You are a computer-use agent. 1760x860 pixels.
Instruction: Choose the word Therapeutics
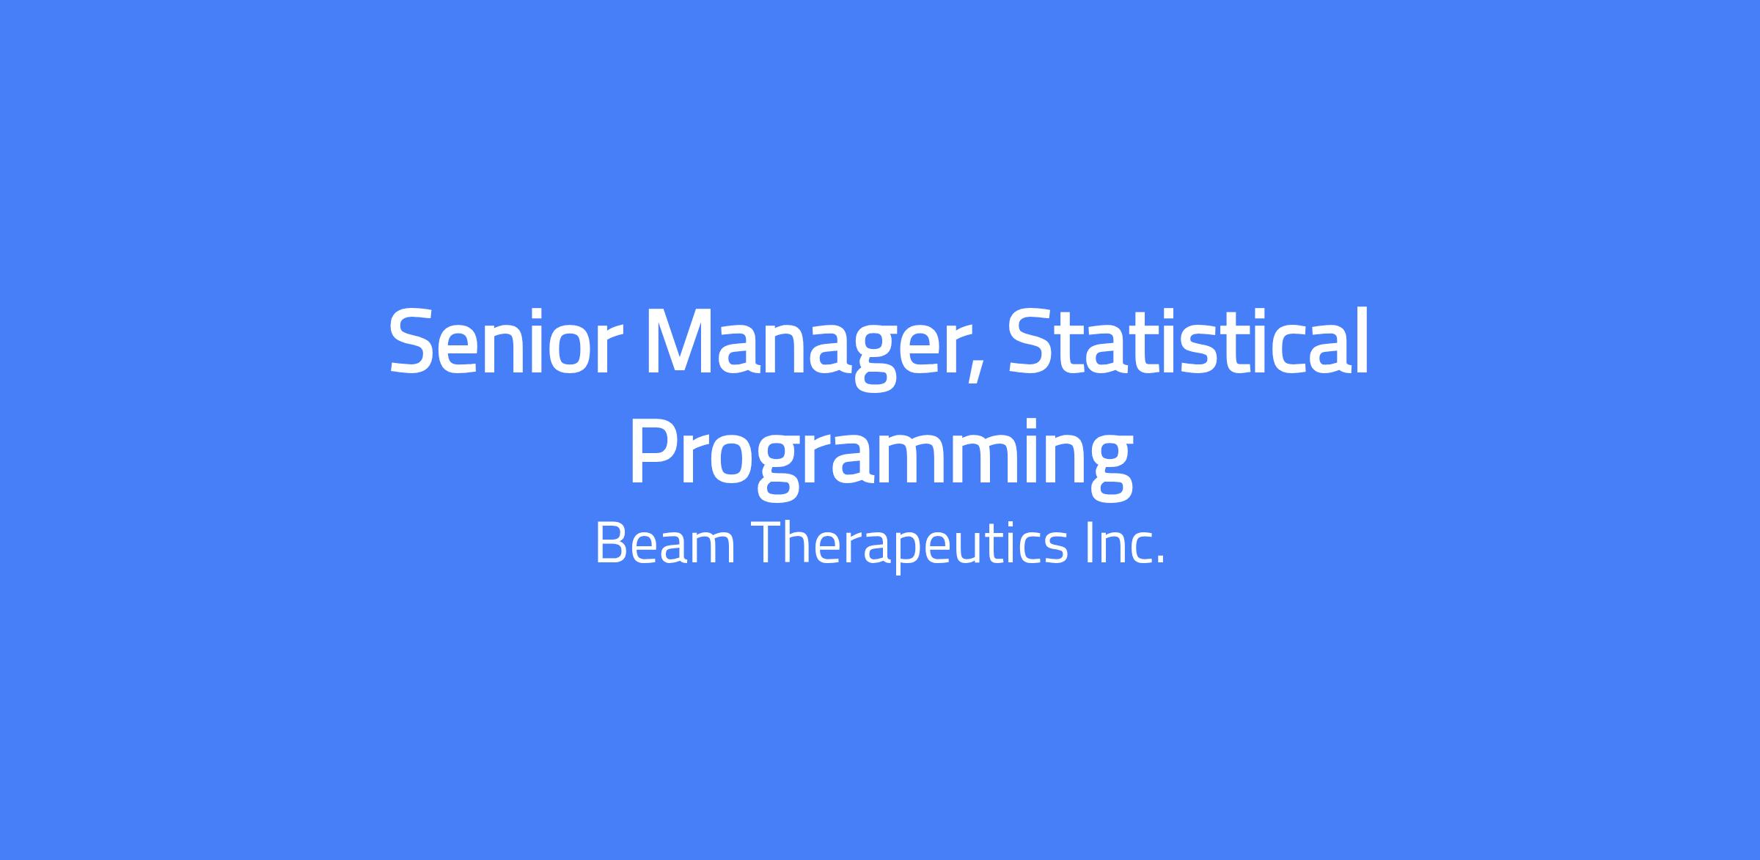(910, 545)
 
